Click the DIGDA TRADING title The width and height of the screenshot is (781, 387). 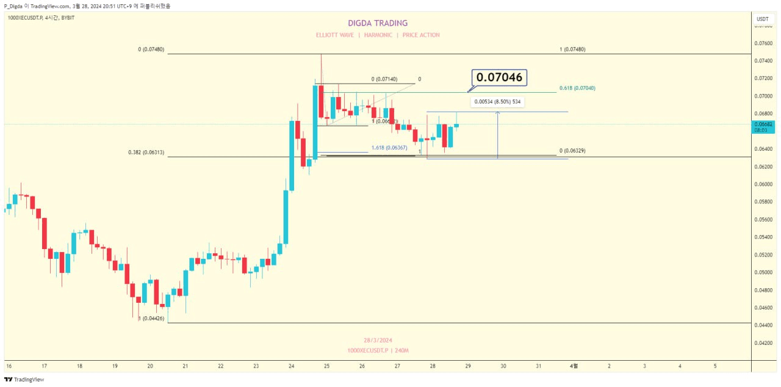[378, 23]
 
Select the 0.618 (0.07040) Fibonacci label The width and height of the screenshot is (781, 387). [577, 88]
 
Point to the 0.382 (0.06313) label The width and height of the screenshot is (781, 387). [146, 153]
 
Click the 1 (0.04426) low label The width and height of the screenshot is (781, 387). [151, 318]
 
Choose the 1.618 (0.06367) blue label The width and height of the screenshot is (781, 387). [389, 148]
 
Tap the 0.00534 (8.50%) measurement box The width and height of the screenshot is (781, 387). [497, 102]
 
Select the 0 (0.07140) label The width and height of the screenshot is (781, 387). [384, 79]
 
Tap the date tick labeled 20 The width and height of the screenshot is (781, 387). [150, 366]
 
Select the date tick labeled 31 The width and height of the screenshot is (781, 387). [538, 366]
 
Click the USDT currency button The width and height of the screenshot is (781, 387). [763, 19]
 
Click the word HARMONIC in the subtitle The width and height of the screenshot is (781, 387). [378, 35]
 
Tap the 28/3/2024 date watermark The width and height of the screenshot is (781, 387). [378, 340]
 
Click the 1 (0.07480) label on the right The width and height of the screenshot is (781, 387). [572, 49]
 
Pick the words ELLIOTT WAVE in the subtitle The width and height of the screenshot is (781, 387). [334, 35]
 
